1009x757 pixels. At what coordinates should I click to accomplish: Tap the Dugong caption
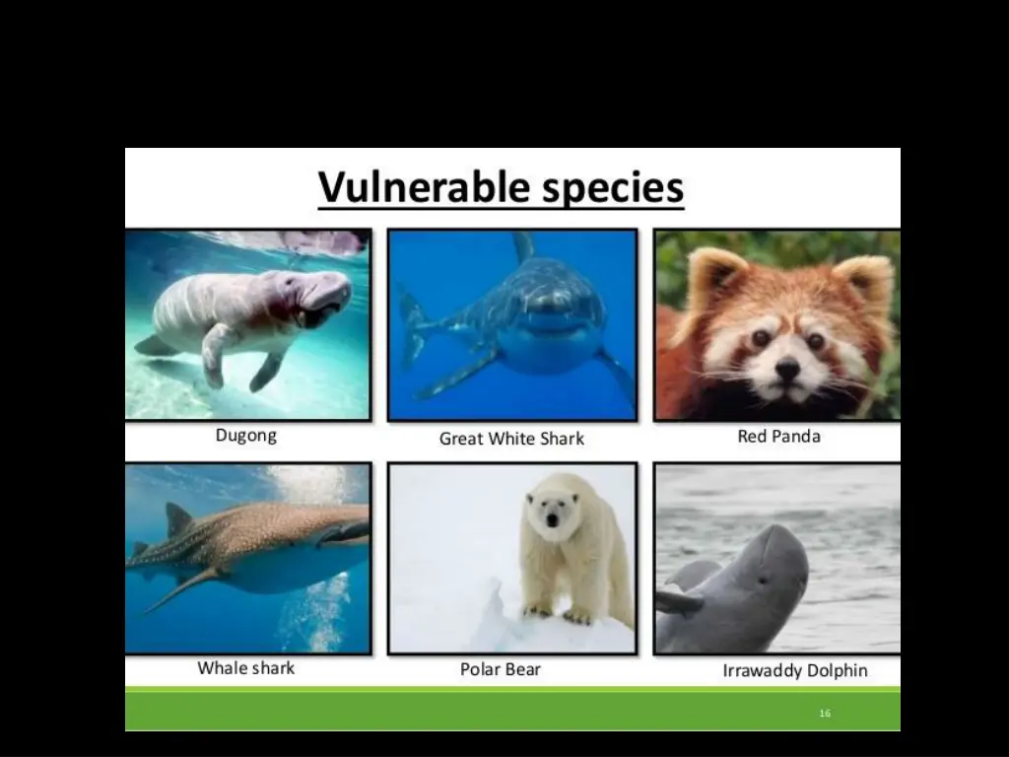tap(246, 436)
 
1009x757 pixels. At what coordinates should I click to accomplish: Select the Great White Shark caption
tap(511, 439)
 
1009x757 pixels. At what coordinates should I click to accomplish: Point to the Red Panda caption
tap(778, 436)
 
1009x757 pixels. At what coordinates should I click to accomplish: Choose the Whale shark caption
tap(246, 668)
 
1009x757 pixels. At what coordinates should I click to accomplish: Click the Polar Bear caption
tap(501, 669)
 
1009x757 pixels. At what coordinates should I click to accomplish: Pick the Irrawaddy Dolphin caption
tap(795, 670)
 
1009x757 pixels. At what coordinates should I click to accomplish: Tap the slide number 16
tap(825, 713)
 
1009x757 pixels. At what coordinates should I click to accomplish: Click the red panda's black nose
tap(786, 369)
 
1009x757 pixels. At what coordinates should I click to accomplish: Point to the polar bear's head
tap(553, 509)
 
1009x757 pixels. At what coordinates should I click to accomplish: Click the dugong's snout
tap(330, 296)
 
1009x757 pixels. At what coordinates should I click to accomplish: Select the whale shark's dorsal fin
tap(178, 519)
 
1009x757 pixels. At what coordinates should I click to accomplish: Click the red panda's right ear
tap(863, 282)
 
